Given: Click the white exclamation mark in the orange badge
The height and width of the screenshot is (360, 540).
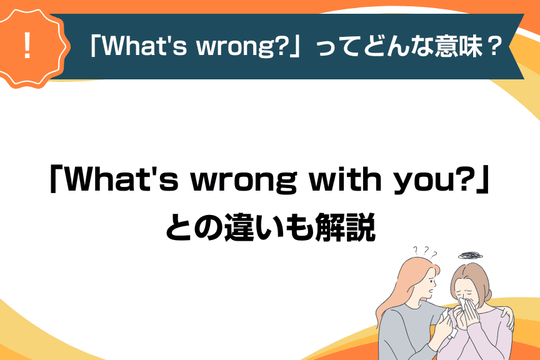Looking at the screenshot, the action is click(x=27, y=45).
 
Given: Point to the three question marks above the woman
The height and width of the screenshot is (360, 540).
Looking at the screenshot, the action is click(x=425, y=252).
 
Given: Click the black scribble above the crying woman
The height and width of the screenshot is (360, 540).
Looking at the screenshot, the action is click(x=470, y=255).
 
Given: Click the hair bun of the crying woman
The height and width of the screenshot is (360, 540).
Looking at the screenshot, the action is click(x=489, y=295).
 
